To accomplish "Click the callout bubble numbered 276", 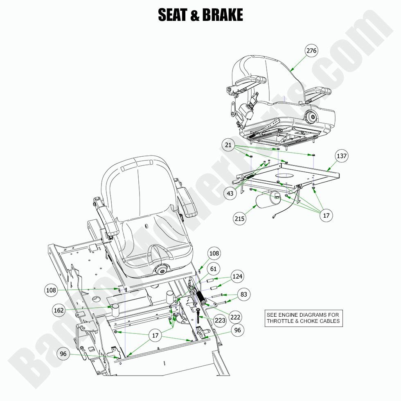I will coord(311,51).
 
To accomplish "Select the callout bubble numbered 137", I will coord(341,156).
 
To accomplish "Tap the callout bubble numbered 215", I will coord(240,219).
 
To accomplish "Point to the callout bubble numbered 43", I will coord(230,193).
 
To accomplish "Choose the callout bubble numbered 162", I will coord(59,311).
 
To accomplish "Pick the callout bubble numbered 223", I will coord(220,320).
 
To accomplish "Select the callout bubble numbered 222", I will coord(236,317).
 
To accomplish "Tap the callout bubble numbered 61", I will coord(214,269).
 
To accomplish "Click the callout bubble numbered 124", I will coord(237,277).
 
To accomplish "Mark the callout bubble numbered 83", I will coord(243,294).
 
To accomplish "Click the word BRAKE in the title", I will coord(222,15).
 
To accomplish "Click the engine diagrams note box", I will coord(303,318).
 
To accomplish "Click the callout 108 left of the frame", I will coord(51,291).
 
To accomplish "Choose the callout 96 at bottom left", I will coord(63,355).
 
